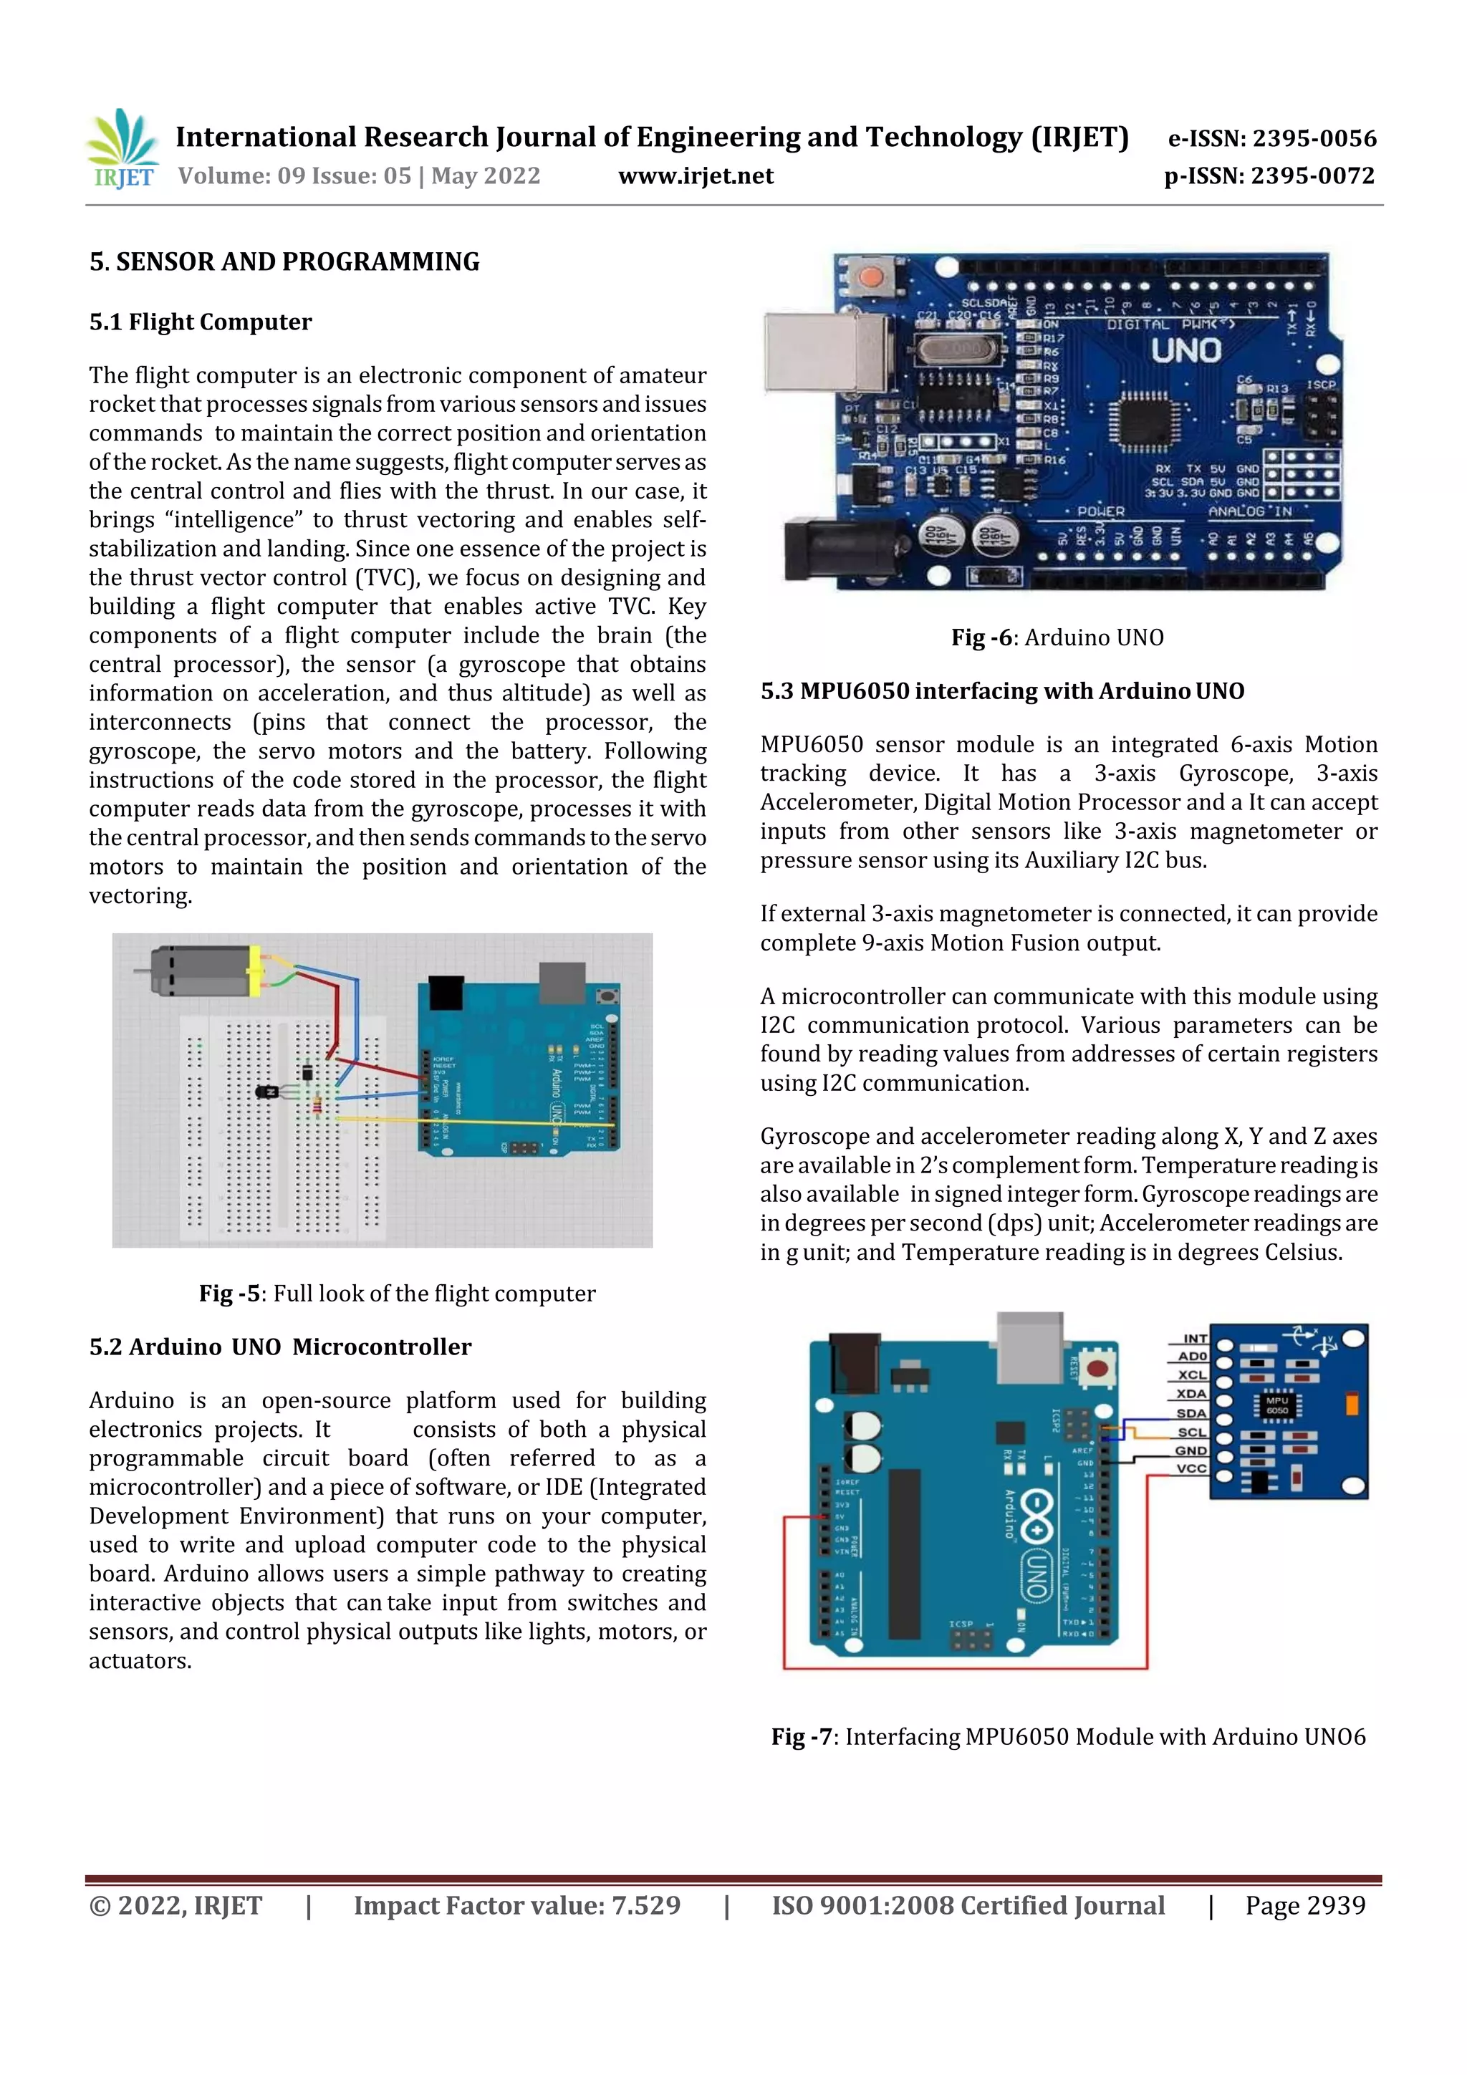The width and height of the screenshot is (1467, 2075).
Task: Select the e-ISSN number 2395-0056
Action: point(1271,138)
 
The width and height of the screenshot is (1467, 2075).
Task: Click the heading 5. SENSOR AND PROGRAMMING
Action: point(284,262)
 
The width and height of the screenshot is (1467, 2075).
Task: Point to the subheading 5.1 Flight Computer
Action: point(200,322)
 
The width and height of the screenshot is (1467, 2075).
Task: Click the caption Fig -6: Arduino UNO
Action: point(1057,637)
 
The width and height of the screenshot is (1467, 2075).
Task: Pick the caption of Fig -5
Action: point(397,1294)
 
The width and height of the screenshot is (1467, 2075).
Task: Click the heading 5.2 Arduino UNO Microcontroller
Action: point(280,1347)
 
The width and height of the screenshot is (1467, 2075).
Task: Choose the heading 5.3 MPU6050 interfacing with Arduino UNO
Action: point(1001,691)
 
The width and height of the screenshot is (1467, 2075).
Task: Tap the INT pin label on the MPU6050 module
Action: point(1195,1339)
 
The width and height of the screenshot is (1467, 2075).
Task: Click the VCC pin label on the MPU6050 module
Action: point(1191,1468)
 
